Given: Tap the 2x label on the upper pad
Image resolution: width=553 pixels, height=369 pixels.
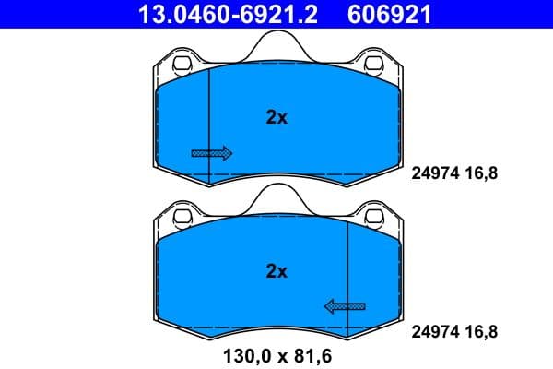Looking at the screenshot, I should coord(276,117).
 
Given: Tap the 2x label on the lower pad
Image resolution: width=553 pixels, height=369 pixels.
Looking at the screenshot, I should coord(276,271).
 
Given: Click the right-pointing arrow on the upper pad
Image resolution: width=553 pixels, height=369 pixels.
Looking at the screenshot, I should coord(211,152).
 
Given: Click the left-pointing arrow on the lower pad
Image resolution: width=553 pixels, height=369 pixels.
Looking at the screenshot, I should coord(344,305).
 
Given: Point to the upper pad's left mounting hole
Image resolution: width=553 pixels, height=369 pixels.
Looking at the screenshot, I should coord(181,65).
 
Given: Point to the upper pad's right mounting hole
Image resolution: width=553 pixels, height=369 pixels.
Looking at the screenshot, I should coord(374,65).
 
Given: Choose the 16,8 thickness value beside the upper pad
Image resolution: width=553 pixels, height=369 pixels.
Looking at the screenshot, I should coord(482,171).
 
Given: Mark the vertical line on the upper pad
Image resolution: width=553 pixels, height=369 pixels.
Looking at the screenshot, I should coord(209,120).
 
